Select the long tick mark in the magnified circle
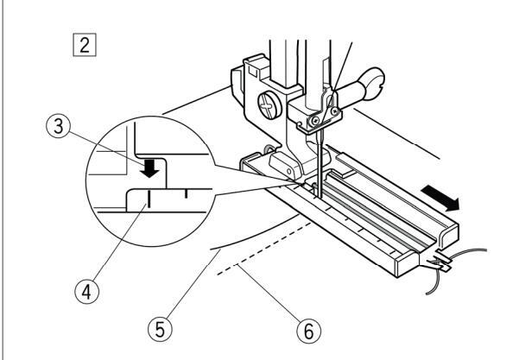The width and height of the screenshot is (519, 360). click(x=149, y=201)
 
